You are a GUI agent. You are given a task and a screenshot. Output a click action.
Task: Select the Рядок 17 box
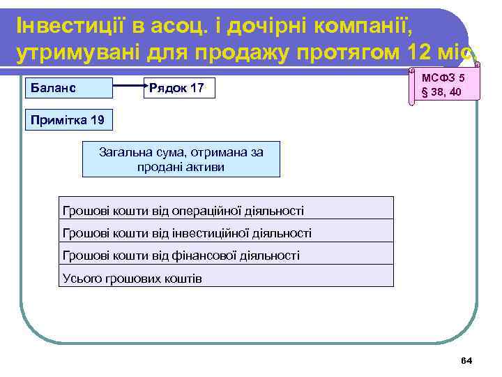coord(180,88)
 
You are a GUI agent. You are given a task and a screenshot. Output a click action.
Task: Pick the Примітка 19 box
coord(67,120)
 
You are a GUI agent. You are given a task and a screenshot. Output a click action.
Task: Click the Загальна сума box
coord(181,159)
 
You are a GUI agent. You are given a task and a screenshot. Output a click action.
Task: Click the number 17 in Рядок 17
coord(197,88)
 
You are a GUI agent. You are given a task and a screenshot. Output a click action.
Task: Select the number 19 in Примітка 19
coord(97,120)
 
